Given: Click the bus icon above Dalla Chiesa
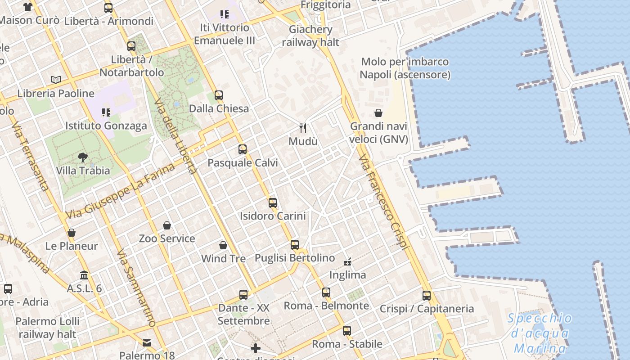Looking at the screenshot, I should [219, 95].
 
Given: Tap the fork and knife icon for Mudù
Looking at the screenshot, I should [303, 128].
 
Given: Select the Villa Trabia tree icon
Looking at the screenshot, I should [83, 157].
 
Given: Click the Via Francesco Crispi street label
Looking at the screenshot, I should [384, 202].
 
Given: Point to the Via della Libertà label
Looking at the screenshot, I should [175, 137].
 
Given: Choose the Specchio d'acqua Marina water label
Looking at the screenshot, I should [540, 333].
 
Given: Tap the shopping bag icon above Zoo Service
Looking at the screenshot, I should [167, 225].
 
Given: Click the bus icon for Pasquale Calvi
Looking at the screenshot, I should [243, 149].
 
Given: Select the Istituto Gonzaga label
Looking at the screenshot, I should [106, 126].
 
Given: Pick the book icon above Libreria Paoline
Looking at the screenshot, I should [56, 80].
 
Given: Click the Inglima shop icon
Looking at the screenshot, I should [347, 261].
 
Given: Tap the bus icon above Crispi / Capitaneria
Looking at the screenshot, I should [427, 296].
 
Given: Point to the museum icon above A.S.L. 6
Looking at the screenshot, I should [84, 275].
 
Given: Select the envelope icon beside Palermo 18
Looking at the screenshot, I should [147, 343].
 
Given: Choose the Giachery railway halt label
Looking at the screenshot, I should [310, 36].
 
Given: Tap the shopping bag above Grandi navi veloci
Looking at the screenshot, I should [378, 112].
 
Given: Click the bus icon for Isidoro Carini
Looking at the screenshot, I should [273, 202].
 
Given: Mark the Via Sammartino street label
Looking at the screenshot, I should [136, 288].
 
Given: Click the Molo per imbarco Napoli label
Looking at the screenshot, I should [405, 68].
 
